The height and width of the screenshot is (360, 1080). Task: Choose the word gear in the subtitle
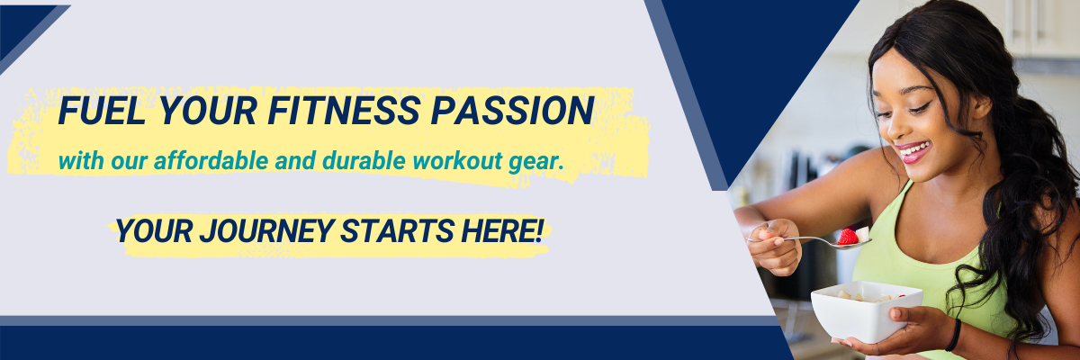tap(540, 163)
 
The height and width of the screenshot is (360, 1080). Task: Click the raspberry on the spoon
tap(848, 237)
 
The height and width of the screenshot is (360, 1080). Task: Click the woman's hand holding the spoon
tap(774, 245)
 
